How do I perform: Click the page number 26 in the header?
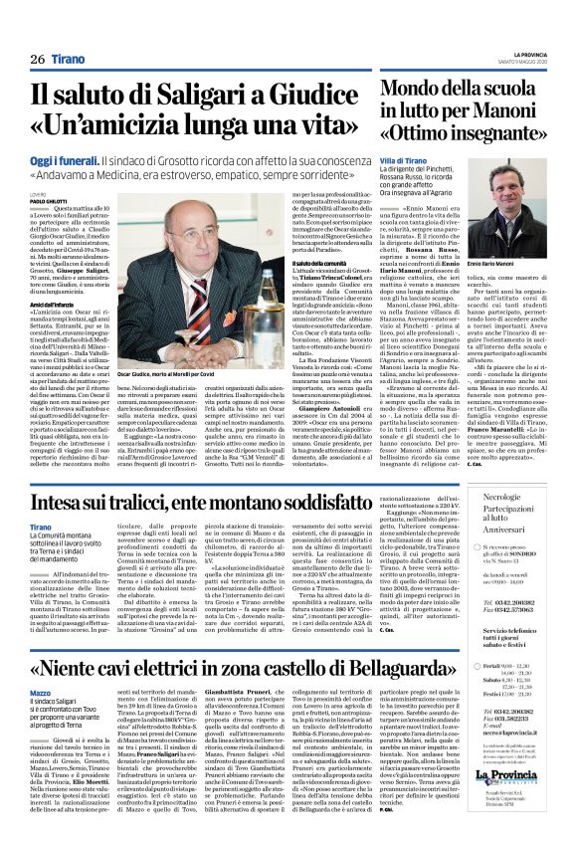tap(38, 61)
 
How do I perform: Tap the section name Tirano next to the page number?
tap(69, 61)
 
